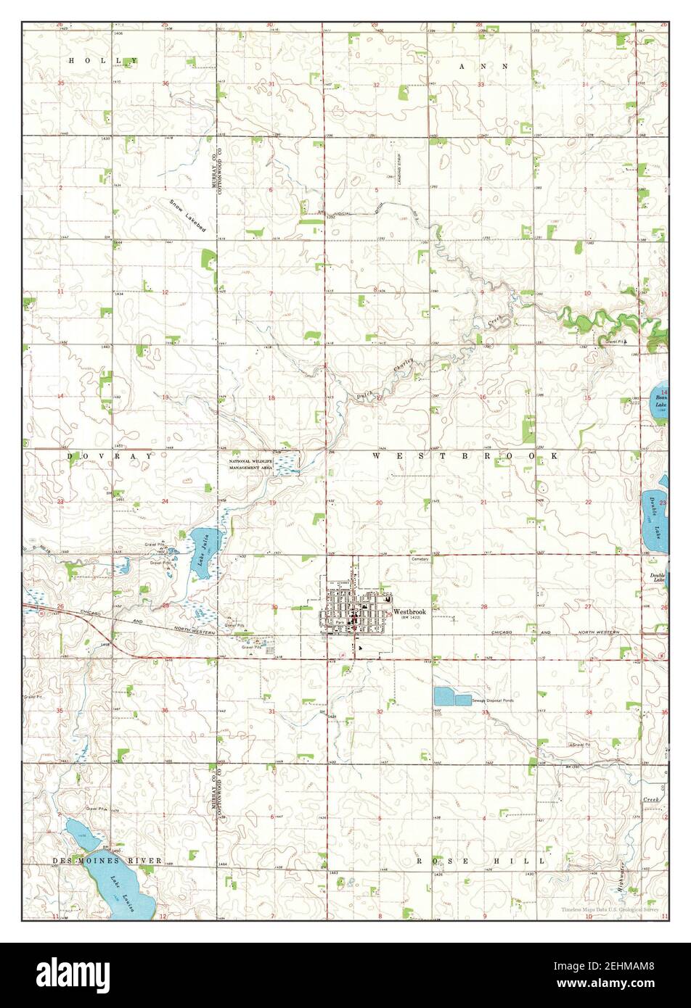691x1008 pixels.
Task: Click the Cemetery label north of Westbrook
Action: click(x=420, y=559)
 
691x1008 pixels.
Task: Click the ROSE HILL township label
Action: click(x=481, y=861)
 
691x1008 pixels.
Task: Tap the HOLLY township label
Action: click(x=102, y=61)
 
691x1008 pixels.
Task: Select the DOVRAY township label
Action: click(x=110, y=456)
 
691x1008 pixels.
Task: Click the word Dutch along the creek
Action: click(x=365, y=392)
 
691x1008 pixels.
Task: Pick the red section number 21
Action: click(x=483, y=503)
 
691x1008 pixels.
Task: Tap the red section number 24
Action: click(x=165, y=502)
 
